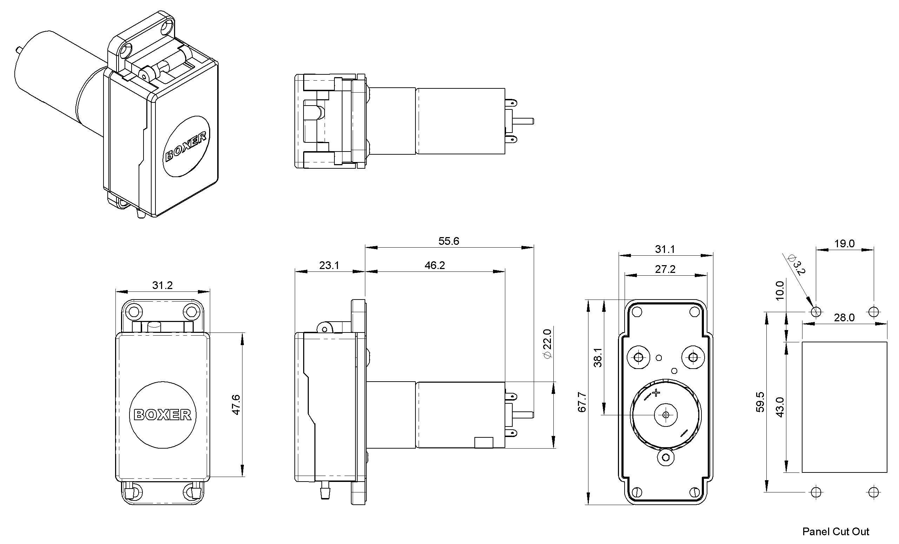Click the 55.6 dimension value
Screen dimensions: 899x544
448,241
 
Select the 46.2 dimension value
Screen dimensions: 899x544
434,266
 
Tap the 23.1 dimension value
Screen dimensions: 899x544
329,266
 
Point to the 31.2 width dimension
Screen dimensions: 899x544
162,285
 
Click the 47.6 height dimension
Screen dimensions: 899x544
236,404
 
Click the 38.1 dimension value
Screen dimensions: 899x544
598,357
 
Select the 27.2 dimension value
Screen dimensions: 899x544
665,269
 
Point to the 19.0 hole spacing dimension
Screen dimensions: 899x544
844,243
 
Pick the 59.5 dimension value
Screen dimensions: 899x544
760,402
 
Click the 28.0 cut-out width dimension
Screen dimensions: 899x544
844,318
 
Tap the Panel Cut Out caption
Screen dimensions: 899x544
836,532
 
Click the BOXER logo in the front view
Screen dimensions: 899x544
163,415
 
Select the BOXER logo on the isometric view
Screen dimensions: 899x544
186,146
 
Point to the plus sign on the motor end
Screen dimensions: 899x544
656,393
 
